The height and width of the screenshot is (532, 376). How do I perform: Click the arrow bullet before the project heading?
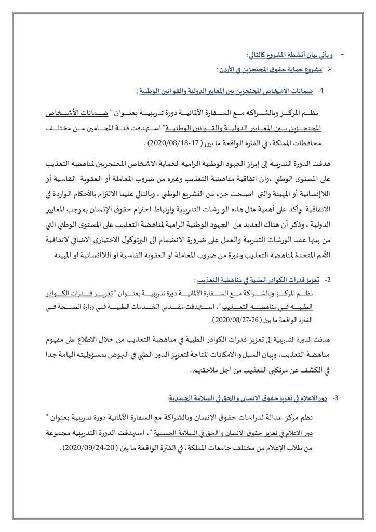pos(327,69)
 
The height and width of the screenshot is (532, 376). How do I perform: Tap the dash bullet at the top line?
pos(341,54)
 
